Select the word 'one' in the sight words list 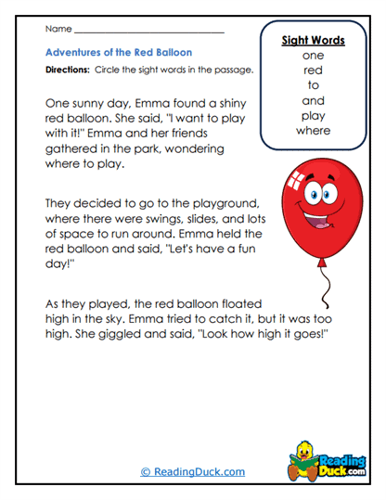coord(312,56)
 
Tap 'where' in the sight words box coord(312,131)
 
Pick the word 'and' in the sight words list coord(312,100)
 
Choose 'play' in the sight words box coord(312,116)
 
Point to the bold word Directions coord(68,71)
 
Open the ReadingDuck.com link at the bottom coord(192,472)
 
